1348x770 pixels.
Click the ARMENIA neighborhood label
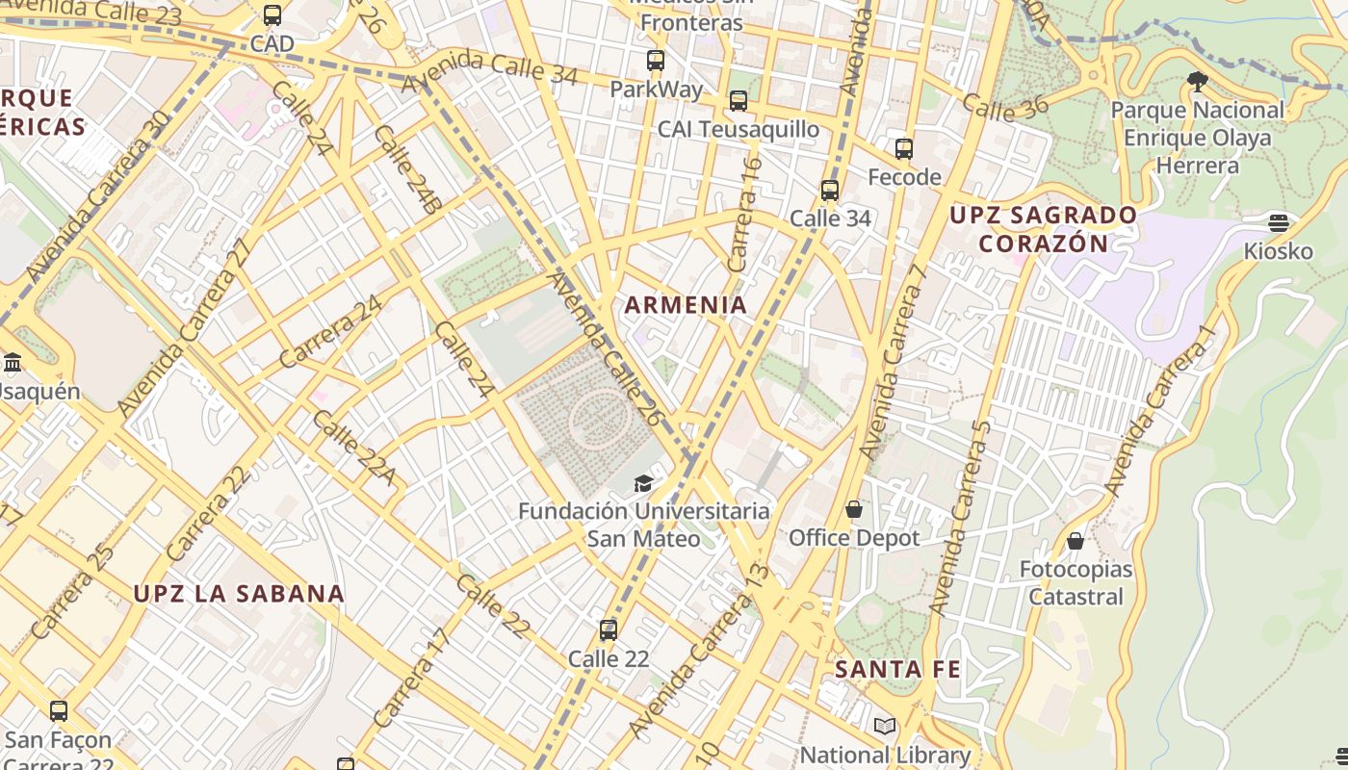point(686,305)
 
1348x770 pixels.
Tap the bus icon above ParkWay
point(656,61)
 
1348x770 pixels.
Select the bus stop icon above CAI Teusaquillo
point(739,100)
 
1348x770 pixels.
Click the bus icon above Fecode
point(904,149)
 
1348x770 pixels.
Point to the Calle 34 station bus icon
point(830,191)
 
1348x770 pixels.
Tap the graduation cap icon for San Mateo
point(643,483)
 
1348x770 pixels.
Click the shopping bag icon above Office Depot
point(854,509)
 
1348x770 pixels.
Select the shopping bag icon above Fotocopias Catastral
point(1076,541)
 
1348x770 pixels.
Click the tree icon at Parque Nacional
point(1198,82)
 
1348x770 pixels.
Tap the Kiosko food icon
point(1279,223)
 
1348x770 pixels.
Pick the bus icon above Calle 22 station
point(609,630)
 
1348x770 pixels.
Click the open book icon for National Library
point(885,727)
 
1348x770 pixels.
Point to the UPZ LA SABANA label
point(239,594)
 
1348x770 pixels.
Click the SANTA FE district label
point(897,669)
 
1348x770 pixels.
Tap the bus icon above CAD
point(272,15)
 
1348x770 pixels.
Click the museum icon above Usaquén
point(13,363)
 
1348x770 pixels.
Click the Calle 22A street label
point(353,448)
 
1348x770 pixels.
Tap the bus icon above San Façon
point(59,711)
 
